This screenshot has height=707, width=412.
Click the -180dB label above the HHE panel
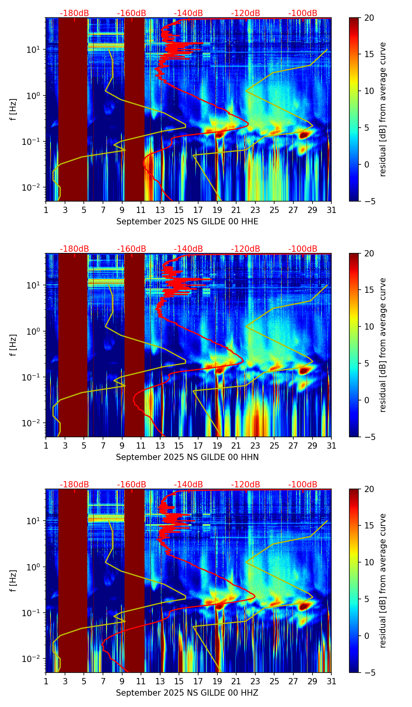74,13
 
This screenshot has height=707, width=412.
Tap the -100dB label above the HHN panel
303,249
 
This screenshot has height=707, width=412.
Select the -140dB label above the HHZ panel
188,485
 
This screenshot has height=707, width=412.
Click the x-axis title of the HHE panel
187,222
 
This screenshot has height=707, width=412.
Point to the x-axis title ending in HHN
187,457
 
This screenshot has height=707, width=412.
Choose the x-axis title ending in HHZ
187,693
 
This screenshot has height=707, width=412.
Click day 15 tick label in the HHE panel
179,210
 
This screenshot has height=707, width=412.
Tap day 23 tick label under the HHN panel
255,446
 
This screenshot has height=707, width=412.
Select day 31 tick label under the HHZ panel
331,682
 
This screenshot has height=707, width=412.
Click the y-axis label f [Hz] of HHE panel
14,110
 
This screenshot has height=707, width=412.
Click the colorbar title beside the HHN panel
383,345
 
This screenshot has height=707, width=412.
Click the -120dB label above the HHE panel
246,13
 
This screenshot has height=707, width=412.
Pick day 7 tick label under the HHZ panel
103,682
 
